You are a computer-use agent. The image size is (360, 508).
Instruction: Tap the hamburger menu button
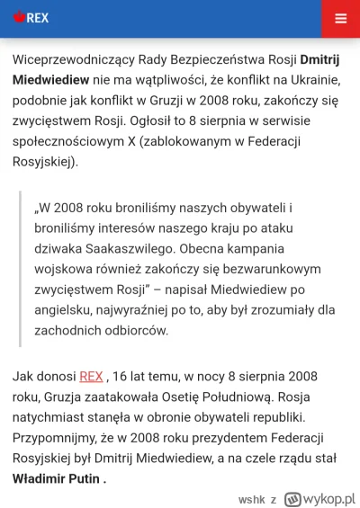339,18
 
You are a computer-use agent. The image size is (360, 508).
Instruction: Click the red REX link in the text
91,376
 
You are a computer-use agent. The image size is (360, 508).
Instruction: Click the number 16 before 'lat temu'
123,376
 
